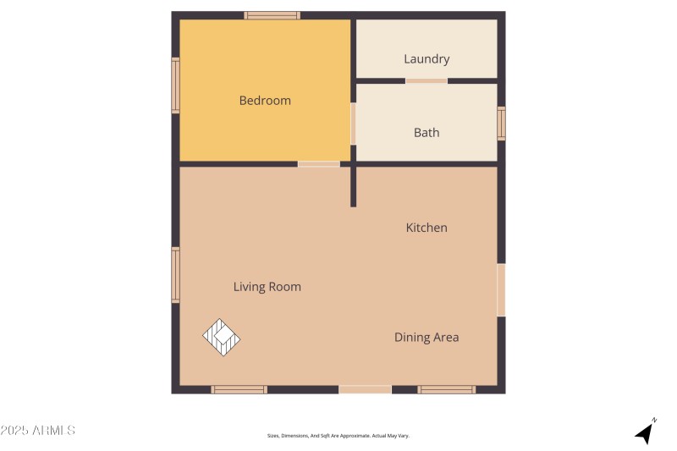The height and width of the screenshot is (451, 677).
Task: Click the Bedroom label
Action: tap(265, 101)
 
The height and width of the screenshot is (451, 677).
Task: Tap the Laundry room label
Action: tap(427, 59)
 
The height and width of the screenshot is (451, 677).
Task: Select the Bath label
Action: tap(427, 133)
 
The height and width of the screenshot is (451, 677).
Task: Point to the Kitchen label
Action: tap(427, 228)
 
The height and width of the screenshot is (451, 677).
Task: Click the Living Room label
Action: tap(267, 287)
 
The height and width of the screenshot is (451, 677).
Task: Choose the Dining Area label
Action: tap(427, 338)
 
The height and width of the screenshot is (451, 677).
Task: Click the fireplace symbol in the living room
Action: tap(222, 338)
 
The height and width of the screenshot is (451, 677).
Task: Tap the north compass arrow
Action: tap(646, 432)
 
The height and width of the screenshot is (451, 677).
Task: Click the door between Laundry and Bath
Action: tap(427, 81)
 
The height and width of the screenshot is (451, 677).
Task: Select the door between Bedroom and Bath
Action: tap(353, 124)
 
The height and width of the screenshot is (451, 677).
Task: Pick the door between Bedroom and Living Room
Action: tap(318, 163)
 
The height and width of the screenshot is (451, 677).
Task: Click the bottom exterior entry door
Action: tap(365, 389)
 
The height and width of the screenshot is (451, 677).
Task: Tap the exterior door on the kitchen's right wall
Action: tap(501, 289)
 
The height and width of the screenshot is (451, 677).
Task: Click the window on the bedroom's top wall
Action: tap(272, 15)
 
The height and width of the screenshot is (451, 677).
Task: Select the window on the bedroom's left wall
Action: tap(175, 85)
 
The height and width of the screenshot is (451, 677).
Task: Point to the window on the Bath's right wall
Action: tap(501, 124)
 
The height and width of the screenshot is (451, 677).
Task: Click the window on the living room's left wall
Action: tap(175, 274)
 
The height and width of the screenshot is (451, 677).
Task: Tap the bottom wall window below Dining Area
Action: tap(446, 389)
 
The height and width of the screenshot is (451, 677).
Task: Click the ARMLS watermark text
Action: tap(38, 431)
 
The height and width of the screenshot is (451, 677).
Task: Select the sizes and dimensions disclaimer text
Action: tap(338, 436)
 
